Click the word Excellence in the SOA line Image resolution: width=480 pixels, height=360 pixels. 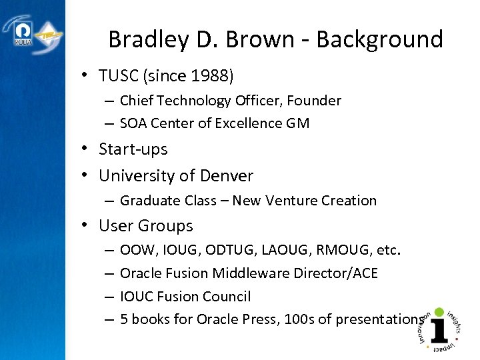(247, 123)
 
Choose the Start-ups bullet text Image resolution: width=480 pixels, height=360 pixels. (133, 149)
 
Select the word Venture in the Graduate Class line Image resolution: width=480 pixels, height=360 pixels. (289, 201)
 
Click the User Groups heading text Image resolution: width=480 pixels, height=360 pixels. (145, 226)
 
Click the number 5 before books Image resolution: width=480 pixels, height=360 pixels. (124, 319)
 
